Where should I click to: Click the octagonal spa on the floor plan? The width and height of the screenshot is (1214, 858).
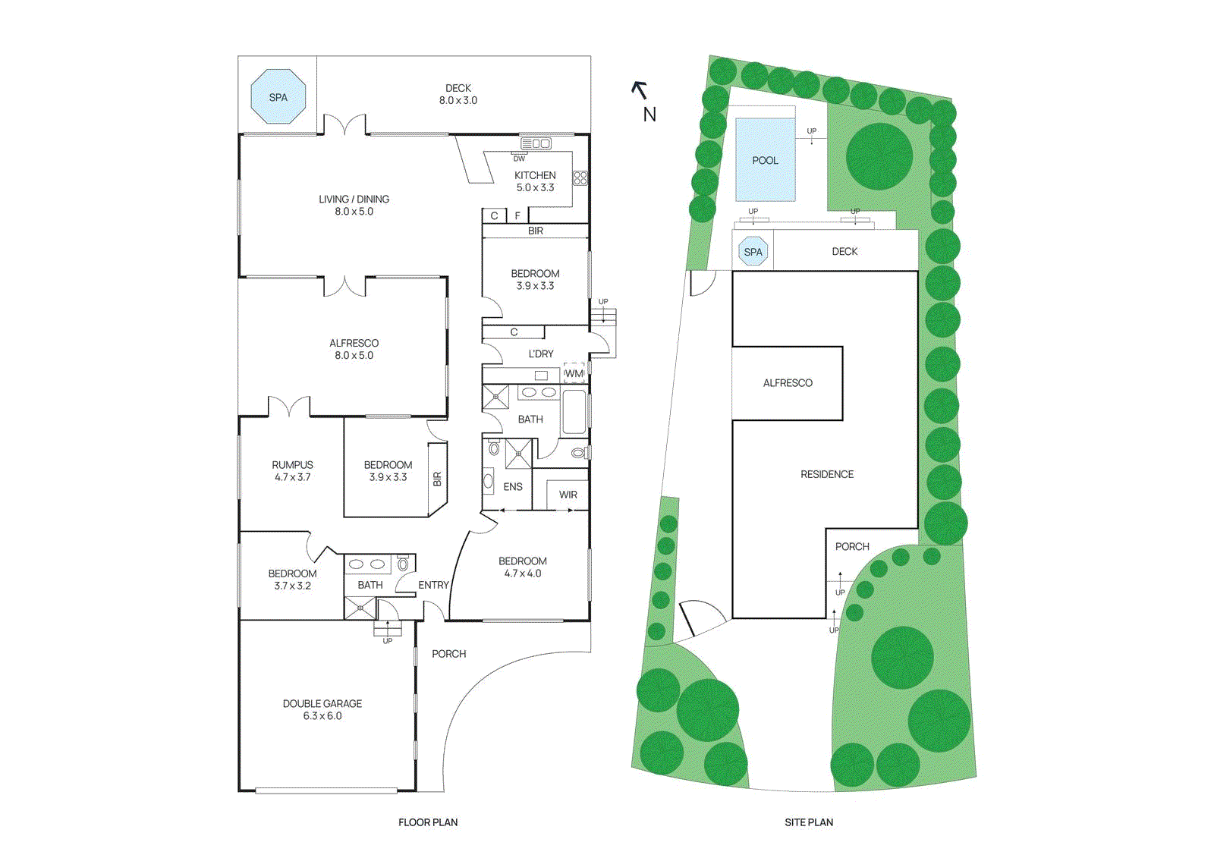(278, 96)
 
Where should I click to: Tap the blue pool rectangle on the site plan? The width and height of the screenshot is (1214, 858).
(765, 160)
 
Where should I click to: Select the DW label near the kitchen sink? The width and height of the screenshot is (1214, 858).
(519, 159)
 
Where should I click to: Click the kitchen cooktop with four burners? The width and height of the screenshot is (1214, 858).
(580, 178)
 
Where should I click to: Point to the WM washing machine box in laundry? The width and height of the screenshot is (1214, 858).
(574, 373)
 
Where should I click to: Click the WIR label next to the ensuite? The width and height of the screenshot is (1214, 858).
(568, 495)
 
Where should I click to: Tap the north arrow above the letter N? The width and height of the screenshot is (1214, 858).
(639, 90)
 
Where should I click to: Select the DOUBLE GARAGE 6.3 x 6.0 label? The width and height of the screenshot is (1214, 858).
(322, 709)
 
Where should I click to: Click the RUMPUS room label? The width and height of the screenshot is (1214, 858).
(292, 465)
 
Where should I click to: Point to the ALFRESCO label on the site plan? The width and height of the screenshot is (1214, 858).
(788, 383)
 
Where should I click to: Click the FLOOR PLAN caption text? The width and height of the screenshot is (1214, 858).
(428, 822)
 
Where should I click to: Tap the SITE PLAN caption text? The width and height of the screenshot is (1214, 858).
(809, 822)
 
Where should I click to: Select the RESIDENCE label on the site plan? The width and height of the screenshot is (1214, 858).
(827, 474)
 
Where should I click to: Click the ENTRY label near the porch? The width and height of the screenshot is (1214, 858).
(433, 585)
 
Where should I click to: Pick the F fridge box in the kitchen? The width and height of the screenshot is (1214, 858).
(517, 215)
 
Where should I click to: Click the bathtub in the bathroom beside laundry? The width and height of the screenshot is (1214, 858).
(574, 411)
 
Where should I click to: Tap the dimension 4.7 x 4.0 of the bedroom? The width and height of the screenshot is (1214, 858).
(523, 574)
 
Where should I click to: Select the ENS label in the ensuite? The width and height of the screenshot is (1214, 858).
(513, 487)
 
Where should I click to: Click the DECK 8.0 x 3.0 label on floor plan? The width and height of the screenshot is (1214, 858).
(458, 94)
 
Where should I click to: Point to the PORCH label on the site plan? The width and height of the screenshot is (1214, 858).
(852, 546)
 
